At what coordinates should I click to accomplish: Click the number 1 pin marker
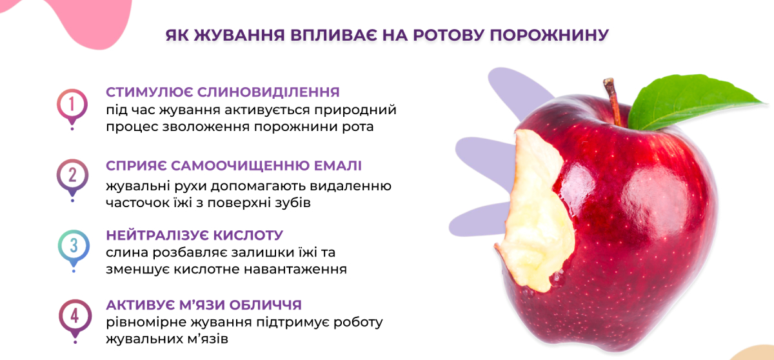pyautogui.click(x=72, y=105)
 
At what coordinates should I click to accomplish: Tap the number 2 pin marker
pyautogui.click(x=72, y=176)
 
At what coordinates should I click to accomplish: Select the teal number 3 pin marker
pyautogui.click(x=74, y=246)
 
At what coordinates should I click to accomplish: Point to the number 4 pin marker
pyautogui.click(x=75, y=317)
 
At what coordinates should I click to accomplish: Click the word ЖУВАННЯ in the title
pyautogui.click(x=239, y=35)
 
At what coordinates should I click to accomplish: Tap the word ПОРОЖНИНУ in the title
pyautogui.click(x=549, y=35)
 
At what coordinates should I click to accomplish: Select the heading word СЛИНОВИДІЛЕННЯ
pyautogui.click(x=268, y=92)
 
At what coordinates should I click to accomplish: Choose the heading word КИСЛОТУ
pyautogui.click(x=248, y=235)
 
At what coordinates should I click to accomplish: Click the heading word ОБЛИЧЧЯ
pyautogui.click(x=265, y=305)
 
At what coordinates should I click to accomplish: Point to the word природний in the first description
pyautogui.click(x=355, y=110)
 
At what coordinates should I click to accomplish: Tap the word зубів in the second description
pyautogui.click(x=293, y=203)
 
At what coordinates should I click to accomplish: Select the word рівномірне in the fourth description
pyautogui.click(x=146, y=323)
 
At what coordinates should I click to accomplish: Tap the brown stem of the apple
pyautogui.click(x=613, y=102)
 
